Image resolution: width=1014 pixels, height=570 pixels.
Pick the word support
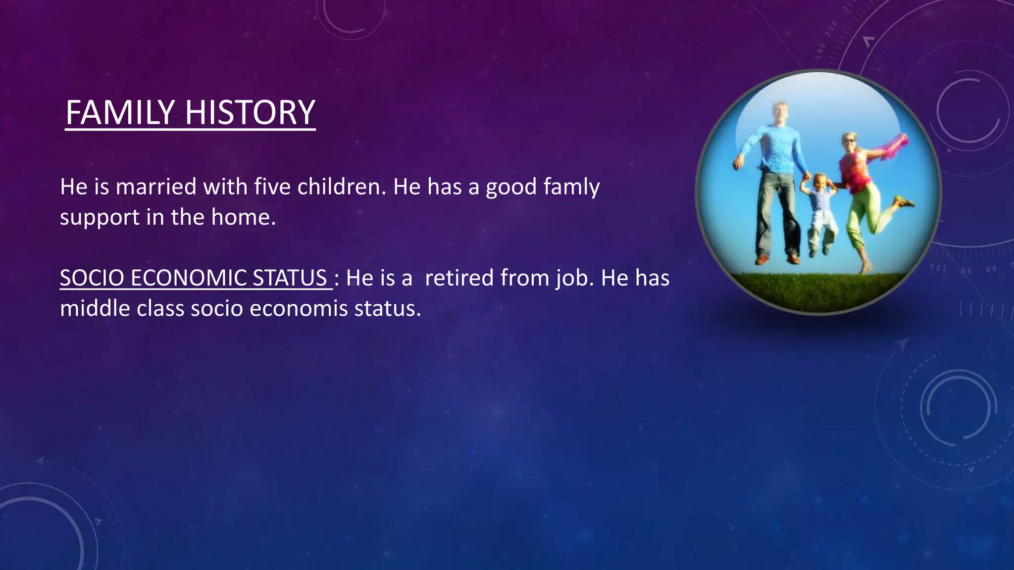click(x=100, y=218)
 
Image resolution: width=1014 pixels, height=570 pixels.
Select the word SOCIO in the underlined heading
click(x=92, y=278)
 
